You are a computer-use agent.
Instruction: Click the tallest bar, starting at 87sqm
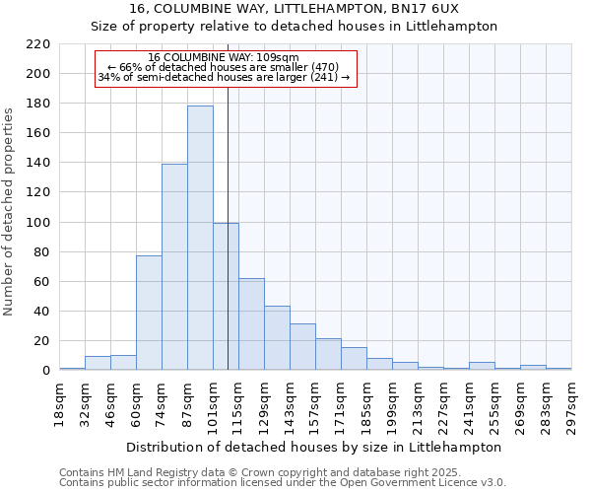click(x=200, y=238)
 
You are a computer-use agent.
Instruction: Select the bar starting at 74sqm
click(x=174, y=267)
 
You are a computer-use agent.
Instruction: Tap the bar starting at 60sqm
click(x=149, y=313)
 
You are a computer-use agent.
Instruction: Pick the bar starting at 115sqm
click(x=251, y=324)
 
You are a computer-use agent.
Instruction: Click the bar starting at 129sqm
click(x=277, y=338)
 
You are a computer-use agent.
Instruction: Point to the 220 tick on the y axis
click(x=38, y=44)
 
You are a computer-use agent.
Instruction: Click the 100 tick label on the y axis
click(x=38, y=223)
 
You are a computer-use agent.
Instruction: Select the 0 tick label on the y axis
click(x=46, y=371)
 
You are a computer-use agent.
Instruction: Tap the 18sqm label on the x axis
click(x=59, y=403)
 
